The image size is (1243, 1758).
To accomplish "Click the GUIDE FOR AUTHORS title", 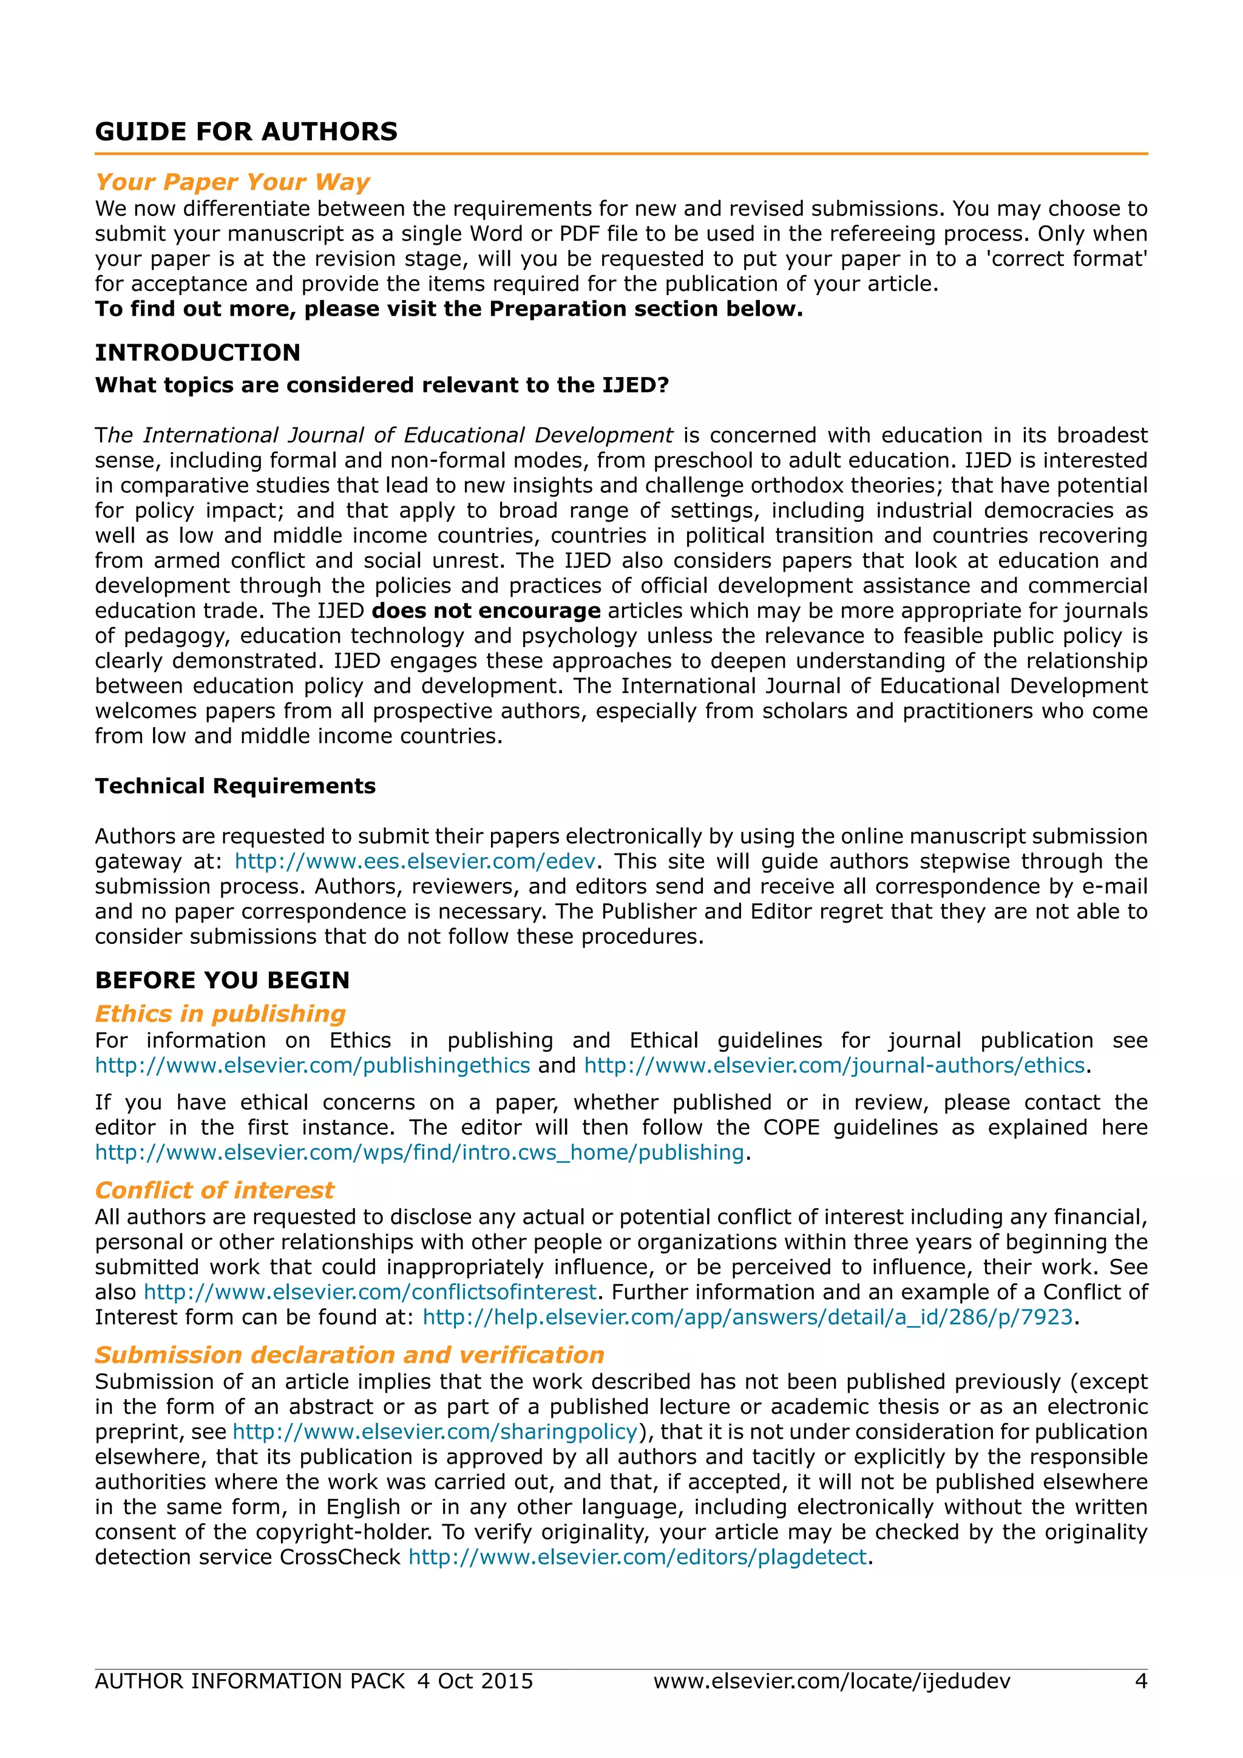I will pyautogui.click(x=246, y=132).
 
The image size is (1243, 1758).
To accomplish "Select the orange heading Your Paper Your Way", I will pyautogui.click(x=232, y=182).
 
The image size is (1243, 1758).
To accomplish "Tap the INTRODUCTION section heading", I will pyautogui.click(x=197, y=353).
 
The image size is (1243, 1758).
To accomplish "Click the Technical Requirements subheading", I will pyautogui.click(x=235, y=786).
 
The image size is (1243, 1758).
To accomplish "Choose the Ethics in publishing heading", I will pyautogui.click(x=220, y=1014).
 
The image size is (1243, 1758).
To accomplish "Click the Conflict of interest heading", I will pyautogui.click(x=214, y=1190).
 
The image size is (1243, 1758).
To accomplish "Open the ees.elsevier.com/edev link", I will pyautogui.click(x=415, y=861).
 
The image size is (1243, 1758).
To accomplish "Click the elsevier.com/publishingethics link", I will pyautogui.click(x=313, y=1066).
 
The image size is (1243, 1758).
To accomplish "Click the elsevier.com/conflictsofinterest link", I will pyautogui.click(x=370, y=1292).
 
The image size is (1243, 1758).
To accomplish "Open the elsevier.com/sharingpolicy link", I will pyautogui.click(x=435, y=1432).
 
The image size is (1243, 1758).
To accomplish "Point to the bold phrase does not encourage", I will pyautogui.click(x=486, y=611).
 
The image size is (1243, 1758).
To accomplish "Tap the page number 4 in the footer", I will pyautogui.click(x=1140, y=1682).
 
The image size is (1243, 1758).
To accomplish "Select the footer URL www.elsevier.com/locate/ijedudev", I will pyautogui.click(x=832, y=1682).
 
